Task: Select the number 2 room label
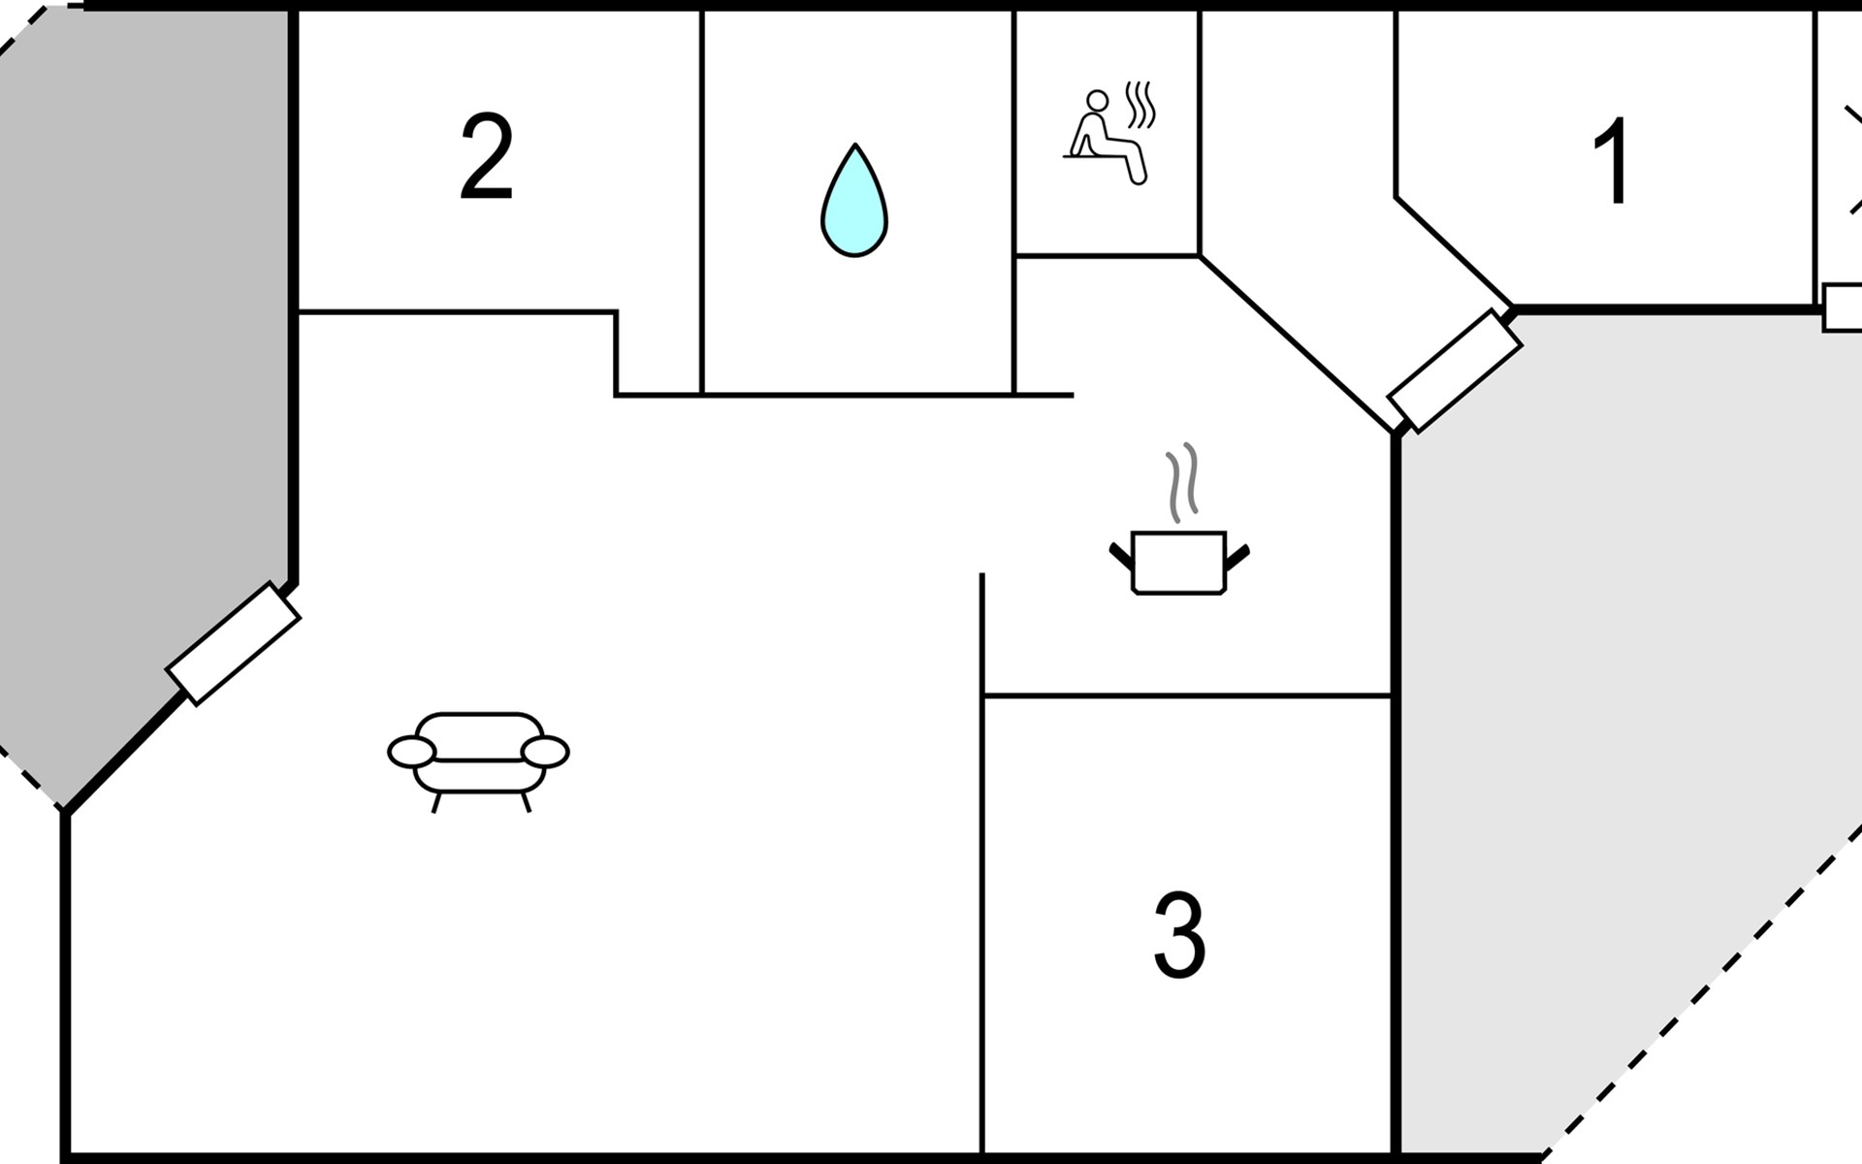pos(486,157)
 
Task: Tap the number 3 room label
pos(1179,935)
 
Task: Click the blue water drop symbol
pos(854,201)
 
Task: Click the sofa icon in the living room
pos(478,761)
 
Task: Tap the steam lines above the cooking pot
pos(1182,482)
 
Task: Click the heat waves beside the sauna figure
pos(1140,106)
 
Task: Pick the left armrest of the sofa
pos(411,752)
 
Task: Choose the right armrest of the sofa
pos(545,752)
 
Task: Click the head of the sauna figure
pos(1097,102)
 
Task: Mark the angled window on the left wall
pos(233,643)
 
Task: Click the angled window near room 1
pos(1455,371)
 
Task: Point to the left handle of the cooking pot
pos(1121,557)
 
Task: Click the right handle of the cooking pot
pos(1238,557)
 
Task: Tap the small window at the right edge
pos(1843,307)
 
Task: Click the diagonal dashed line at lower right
pos(1702,991)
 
